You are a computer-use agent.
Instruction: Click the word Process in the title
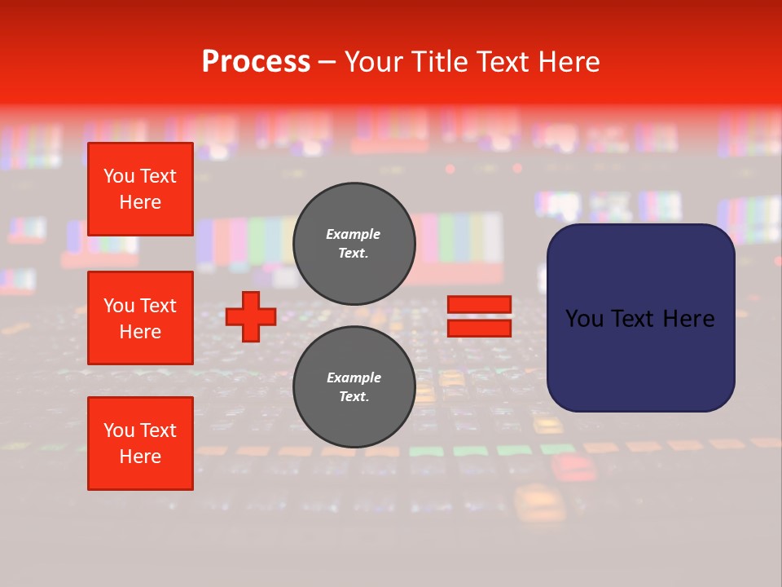pyautogui.click(x=256, y=62)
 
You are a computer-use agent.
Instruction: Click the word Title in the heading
pyautogui.click(x=440, y=62)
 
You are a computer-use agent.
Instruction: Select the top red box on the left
pyautogui.click(x=140, y=189)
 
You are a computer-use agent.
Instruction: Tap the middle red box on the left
pyautogui.click(x=140, y=318)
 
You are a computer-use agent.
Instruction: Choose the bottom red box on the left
pyautogui.click(x=140, y=444)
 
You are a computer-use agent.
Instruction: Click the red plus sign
pyautogui.click(x=251, y=316)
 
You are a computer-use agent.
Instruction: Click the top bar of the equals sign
pyautogui.click(x=479, y=305)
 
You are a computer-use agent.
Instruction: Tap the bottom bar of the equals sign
pyautogui.click(x=479, y=328)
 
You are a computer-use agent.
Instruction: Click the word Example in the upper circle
pyautogui.click(x=354, y=234)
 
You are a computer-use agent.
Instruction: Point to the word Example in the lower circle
pyautogui.click(x=354, y=377)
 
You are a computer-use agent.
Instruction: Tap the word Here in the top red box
pyautogui.click(x=140, y=202)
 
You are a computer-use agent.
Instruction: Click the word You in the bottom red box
pyautogui.click(x=119, y=430)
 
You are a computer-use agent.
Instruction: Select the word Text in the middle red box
pyautogui.click(x=157, y=306)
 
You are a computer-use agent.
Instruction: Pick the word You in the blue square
pyautogui.click(x=585, y=319)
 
